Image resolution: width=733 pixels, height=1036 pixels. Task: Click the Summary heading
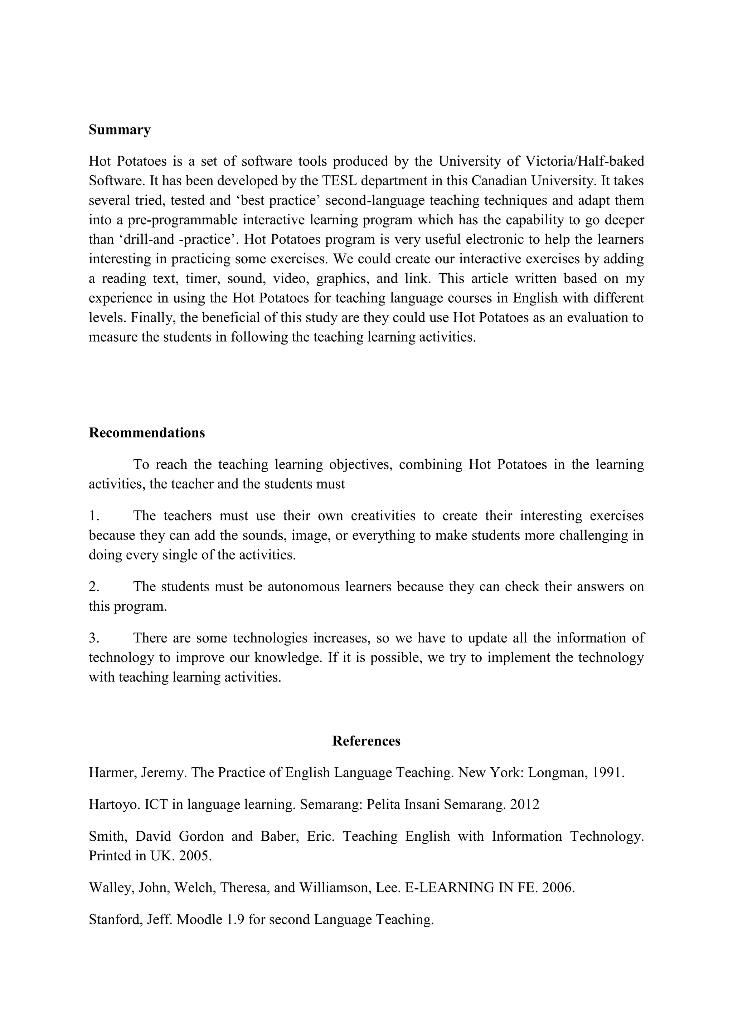[120, 130]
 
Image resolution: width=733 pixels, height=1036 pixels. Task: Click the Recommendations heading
[147, 433]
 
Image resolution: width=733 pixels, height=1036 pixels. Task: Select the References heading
[366, 741]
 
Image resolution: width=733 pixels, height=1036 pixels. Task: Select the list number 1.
[93, 516]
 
